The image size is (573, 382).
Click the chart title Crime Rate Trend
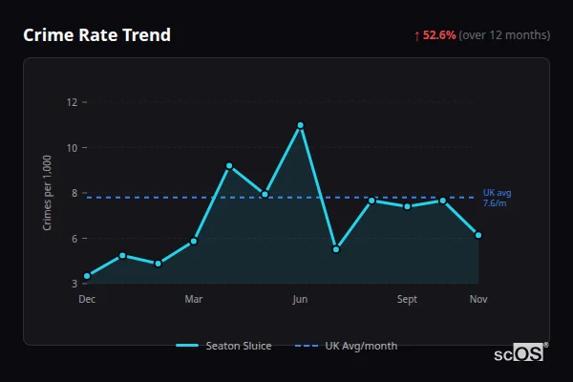pyautogui.click(x=97, y=35)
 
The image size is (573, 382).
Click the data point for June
pyautogui.click(x=300, y=125)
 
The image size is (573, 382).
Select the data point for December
pyautogui.click(x=87, y=276)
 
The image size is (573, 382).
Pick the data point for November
pyautogui.click(x=478, y=235)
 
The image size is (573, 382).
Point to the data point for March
pyautogui.click(x=194, y=241)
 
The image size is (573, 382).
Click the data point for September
pyautogui.click(x=407, y=206)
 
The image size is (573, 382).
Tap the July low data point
pyautogui.click(x=336, y=249)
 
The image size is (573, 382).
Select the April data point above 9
pyautogui.click(x=229, y=166)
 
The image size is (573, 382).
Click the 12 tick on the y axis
pyautogui.click(x=71, y=101)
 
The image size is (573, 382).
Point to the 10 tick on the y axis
pyautogui.click(x=71, y=147)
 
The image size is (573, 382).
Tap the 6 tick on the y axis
pyautogui.click(x=73, y=238)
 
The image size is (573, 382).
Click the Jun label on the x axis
pyautogui.click(x=300, y=299)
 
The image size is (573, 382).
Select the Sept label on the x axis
pyautogui.click(x=407, y=299)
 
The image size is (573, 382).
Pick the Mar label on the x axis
pyautogui.click(x=194, y=299)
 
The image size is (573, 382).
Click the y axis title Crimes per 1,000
pyautogui.click(x=48, y=192)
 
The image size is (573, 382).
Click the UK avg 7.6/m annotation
pyautogui.click(x=495, y=198)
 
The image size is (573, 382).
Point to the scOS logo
pyautogui.click(x=519, y=352)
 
